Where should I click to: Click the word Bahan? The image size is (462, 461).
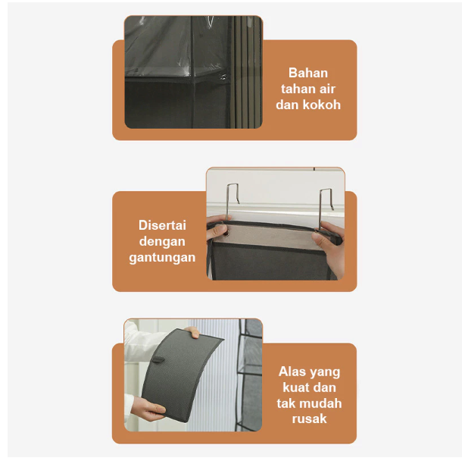point(308,73)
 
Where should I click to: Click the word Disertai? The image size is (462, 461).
point(162,225)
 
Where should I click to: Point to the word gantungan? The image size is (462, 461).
point(162,258)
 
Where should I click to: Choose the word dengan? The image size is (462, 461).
point(162,242)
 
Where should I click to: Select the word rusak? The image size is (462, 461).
point(309,419)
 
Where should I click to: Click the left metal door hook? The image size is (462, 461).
point(232,202)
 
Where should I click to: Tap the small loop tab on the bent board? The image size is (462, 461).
point(158,359)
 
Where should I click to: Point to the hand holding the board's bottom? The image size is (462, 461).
point(147,409)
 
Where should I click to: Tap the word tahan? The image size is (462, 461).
point(295,89)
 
